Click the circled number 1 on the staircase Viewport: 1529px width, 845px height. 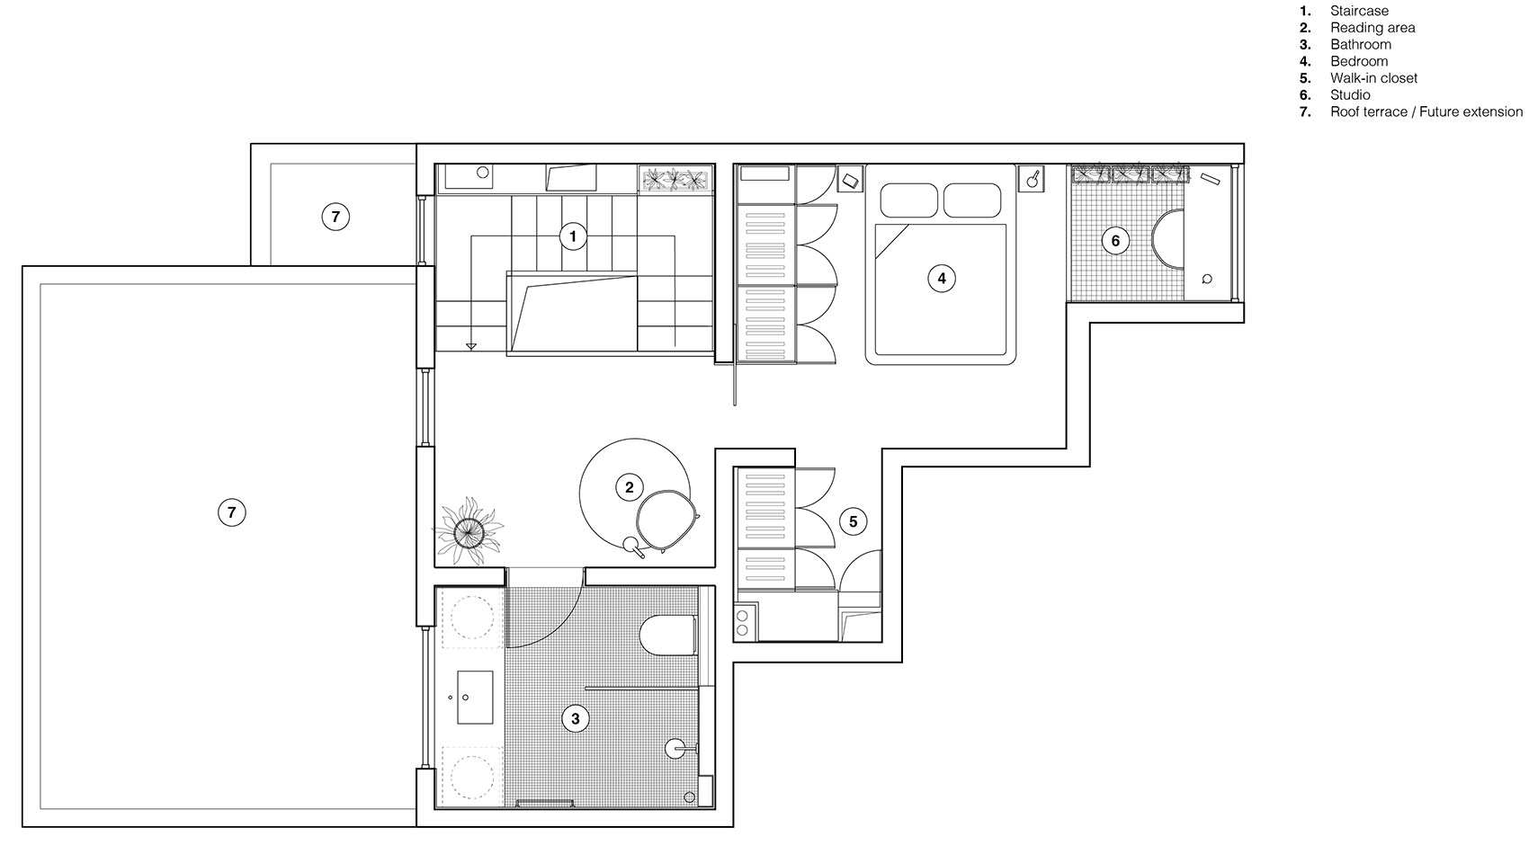tap(573, 236)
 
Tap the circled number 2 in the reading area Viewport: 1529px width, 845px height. tap(629, 487)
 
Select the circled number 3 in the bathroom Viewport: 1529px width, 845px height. tap(576, 719)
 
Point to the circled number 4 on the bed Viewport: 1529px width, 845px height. tap(942, 279)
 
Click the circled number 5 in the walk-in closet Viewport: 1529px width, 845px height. tap(854, 521)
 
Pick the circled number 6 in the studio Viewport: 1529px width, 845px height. tap(1115, 241)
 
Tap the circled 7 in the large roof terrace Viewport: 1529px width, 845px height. tap(231, 512)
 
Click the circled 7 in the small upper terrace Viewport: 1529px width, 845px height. tap(335, 217)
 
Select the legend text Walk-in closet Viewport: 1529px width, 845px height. tap(1373, 78)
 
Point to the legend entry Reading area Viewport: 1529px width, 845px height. tap(1372, 28)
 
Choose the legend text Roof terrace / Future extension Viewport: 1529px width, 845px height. tap(1426, 111)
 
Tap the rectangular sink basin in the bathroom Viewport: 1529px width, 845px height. tap(474, 697)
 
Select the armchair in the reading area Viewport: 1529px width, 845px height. tap(666, 520)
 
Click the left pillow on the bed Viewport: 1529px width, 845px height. tap(908, 200)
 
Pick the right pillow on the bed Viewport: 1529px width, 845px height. tap(972, 200)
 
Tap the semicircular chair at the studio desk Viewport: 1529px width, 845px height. tap(1168, 239)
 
